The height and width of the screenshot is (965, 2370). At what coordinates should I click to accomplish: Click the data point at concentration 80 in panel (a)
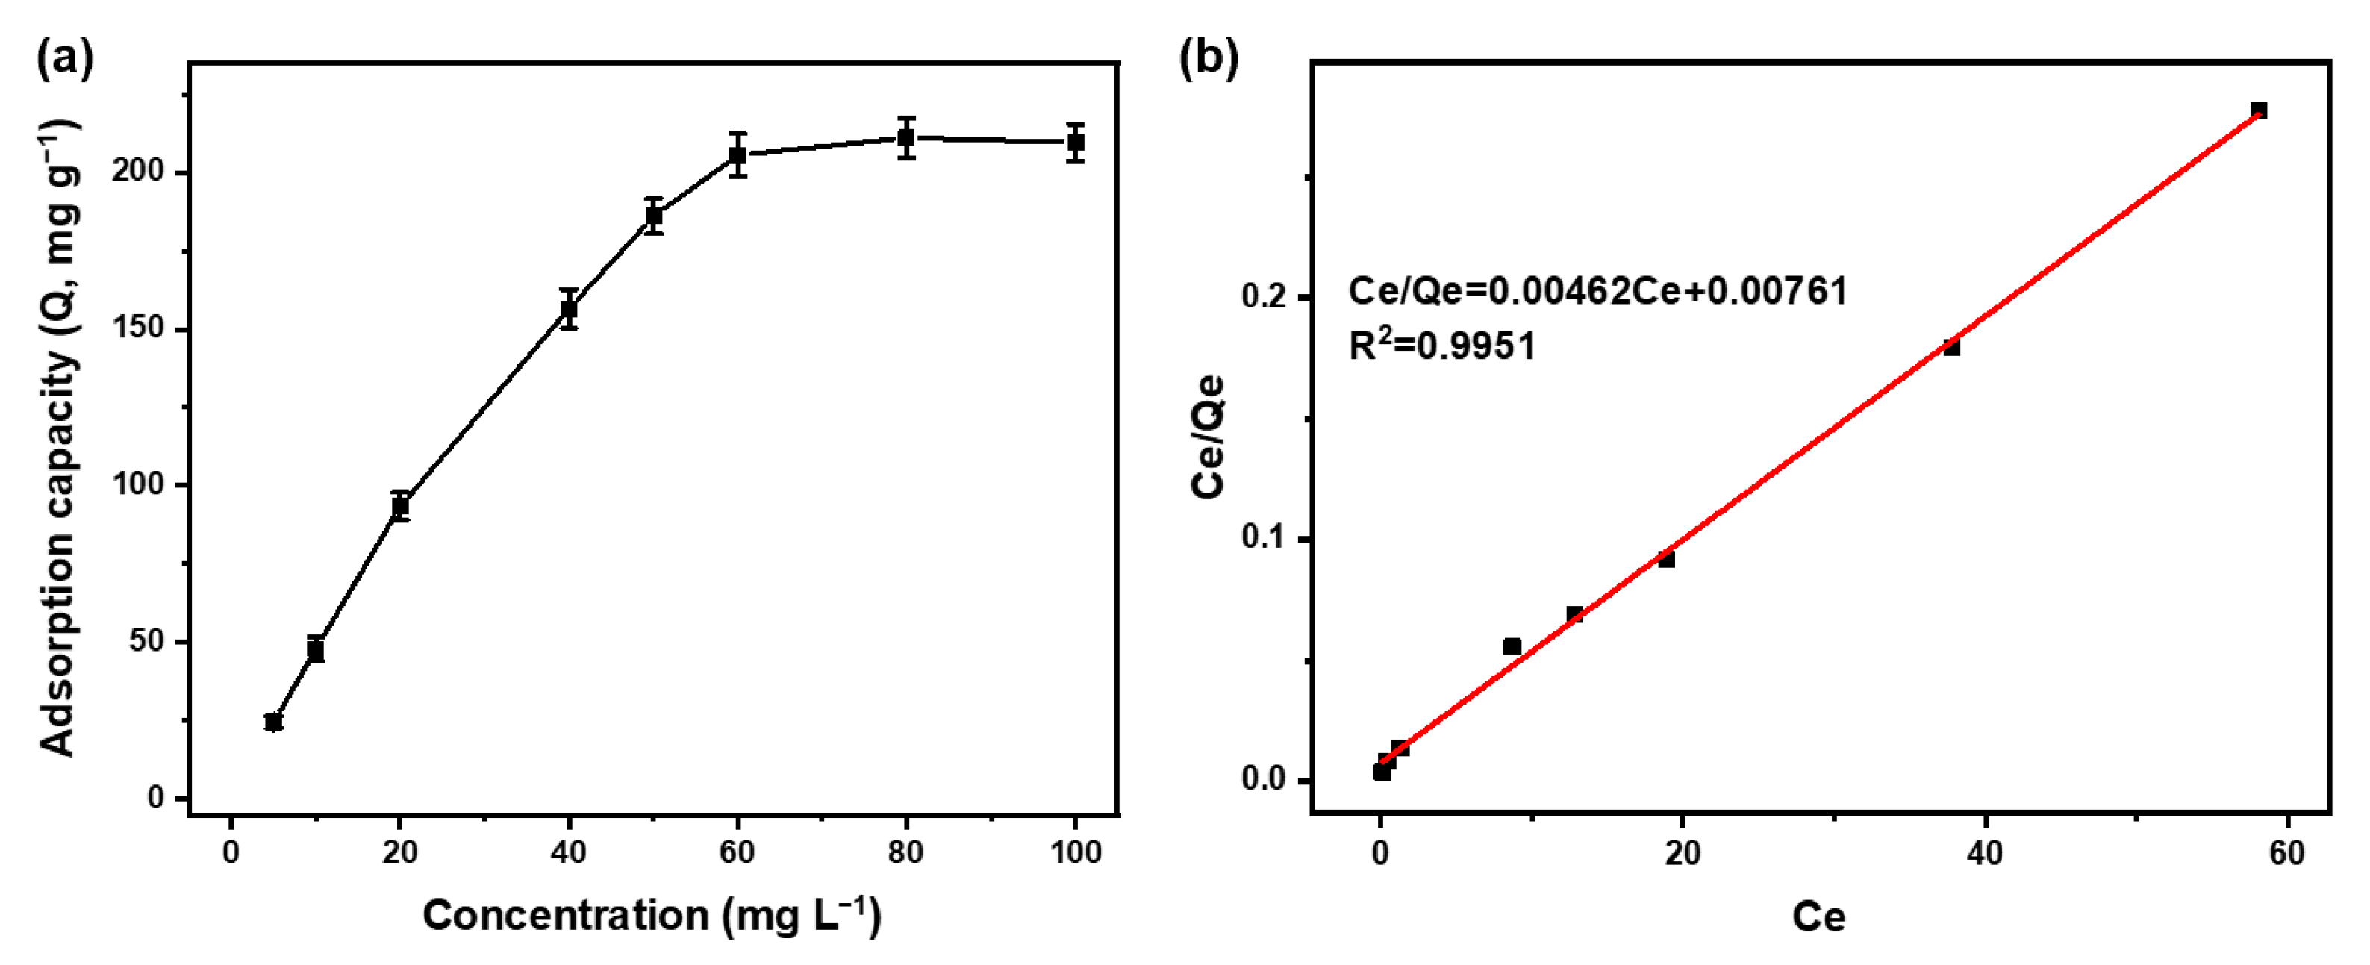click(906, 138)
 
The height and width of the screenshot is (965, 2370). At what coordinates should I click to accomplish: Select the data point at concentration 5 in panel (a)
click(273, 722)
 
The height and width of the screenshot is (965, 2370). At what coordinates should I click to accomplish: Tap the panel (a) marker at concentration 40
click(570, 309)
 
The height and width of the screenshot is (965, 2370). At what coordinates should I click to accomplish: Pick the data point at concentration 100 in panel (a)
click(1076, 143)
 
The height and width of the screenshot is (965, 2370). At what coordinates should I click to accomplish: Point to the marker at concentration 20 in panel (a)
click(400, 506)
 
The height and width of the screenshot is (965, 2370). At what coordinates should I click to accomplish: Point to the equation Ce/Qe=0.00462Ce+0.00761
click(1598, 292)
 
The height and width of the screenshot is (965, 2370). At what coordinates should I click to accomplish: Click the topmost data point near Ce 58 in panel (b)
click(2259, 110)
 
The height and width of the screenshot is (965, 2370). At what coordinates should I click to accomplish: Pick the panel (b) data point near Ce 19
click(1666, 558)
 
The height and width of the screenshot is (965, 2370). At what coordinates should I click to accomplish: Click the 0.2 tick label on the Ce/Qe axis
click(1266, 296)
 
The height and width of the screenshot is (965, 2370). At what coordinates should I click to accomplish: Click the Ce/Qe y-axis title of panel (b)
click(1208, 437)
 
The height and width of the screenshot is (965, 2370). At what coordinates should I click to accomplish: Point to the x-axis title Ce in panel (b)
click(1818, 917)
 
